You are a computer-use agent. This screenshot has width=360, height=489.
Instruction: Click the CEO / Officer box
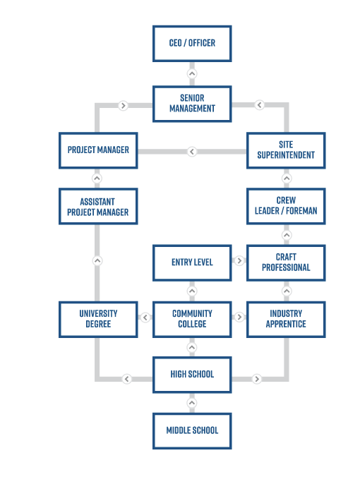coord(192,44)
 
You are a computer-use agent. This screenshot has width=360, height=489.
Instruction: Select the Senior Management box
coord(192,104)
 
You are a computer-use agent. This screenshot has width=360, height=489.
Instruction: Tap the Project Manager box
coord(98,150)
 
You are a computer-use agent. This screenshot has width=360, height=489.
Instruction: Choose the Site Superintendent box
coord(286,150)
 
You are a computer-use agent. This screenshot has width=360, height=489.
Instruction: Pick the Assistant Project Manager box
coord(98,207)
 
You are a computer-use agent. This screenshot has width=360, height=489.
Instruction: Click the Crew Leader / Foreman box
coord(286,207)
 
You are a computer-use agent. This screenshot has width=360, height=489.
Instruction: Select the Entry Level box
coord(192,263)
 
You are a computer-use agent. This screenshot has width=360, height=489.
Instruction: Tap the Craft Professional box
coord(286,263)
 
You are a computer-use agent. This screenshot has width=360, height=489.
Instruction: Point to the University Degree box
coord(98,320)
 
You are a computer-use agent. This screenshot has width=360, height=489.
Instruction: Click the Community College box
coord(192,320)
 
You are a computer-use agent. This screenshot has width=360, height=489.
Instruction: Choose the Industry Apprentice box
coord(286,320)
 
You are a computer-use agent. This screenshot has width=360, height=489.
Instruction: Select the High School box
coord(192,375)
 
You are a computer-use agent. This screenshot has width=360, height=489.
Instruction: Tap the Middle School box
coord(192,431)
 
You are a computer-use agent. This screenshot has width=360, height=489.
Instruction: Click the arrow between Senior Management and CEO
coord(192,74)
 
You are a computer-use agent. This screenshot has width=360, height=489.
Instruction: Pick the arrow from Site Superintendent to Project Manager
coord(192,152)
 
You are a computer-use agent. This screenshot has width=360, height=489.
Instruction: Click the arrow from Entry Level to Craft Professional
coord(239,260)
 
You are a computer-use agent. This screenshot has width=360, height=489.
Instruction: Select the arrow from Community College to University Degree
coord(145,318)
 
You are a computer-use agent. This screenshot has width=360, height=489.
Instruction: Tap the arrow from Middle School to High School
coord(192,403)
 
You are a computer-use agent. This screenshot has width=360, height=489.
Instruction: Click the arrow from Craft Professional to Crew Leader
coord(287,235)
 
